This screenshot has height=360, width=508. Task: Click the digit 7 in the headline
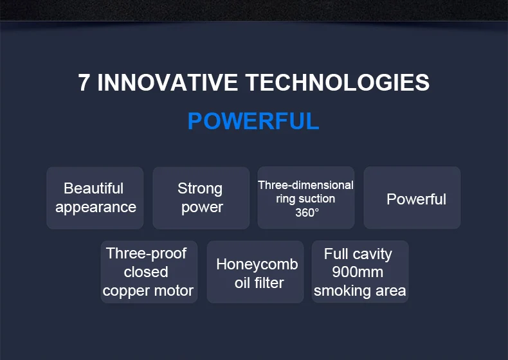pyautogui.click(x=84, y=82)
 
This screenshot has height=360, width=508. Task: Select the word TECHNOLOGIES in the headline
pyautogui.click(x=338, y=82)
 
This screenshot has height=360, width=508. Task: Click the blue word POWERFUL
pyautogui.click(x=253, y=122)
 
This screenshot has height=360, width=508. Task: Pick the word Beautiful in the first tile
pyautogui.click(x=94, y=188)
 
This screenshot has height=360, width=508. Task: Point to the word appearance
pyautogui.click(x=96, y=208)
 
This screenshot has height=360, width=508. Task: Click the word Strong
pyautogui.click(x=200, y=189)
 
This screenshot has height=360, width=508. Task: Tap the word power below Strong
pyautogui.click(x=202, y=208)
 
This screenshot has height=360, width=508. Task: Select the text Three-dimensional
pyautogui.click(x=305, y=185)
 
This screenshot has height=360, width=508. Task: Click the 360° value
pyautogui.click(x=307, y=213)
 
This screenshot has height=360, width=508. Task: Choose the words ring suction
pyautogui.click(x=305, y=199)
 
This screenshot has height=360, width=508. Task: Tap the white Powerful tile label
pyautogui.click(x=416, y=199)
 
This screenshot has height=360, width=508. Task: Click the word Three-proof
pyautogui.click(x=146, y=253)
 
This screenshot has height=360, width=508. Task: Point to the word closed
pyautogui.click(x=146, y=272)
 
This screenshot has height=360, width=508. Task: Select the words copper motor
pyautogui.click(x=148, y=291)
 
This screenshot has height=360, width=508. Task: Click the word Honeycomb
pyautogui.click(x=257, y=264)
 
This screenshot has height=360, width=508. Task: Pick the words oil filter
pyautogui.click(x=259, y=283)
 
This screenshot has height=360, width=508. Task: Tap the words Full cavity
pyautogui.click(x=358, y=254)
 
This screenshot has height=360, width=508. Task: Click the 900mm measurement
pyautogui.click(x=358, y=272)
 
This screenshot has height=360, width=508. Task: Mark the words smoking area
pyautogui.click(x=359, y=291)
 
